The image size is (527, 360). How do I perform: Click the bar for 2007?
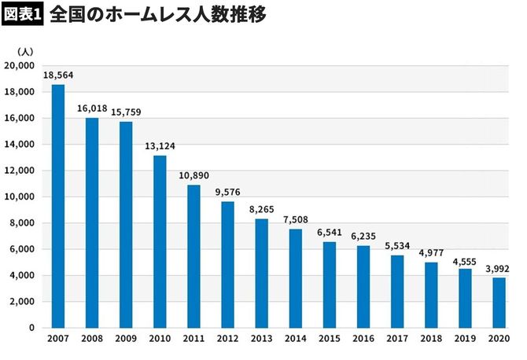click(58, 206)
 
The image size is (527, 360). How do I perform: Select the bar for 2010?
click(160, 241)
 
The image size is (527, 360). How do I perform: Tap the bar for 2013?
click(261, 273)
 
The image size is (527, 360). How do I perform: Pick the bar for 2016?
click(363, 286)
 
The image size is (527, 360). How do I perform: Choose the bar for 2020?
click(499, 302)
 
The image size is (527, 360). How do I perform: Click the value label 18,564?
click(58, 75)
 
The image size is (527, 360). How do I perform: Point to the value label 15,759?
click(126, 112)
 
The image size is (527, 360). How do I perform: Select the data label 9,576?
click(227, 193)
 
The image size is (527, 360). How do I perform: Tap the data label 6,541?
click(330, 233)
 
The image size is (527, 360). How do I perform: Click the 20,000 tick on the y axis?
click(20, 66)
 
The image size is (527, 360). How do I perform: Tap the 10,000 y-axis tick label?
click(20, 197)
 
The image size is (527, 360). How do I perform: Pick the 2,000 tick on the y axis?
click(22, 301)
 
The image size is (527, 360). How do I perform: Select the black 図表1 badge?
click(20, 14)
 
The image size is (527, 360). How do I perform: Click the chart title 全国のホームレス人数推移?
click(157, 14)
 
